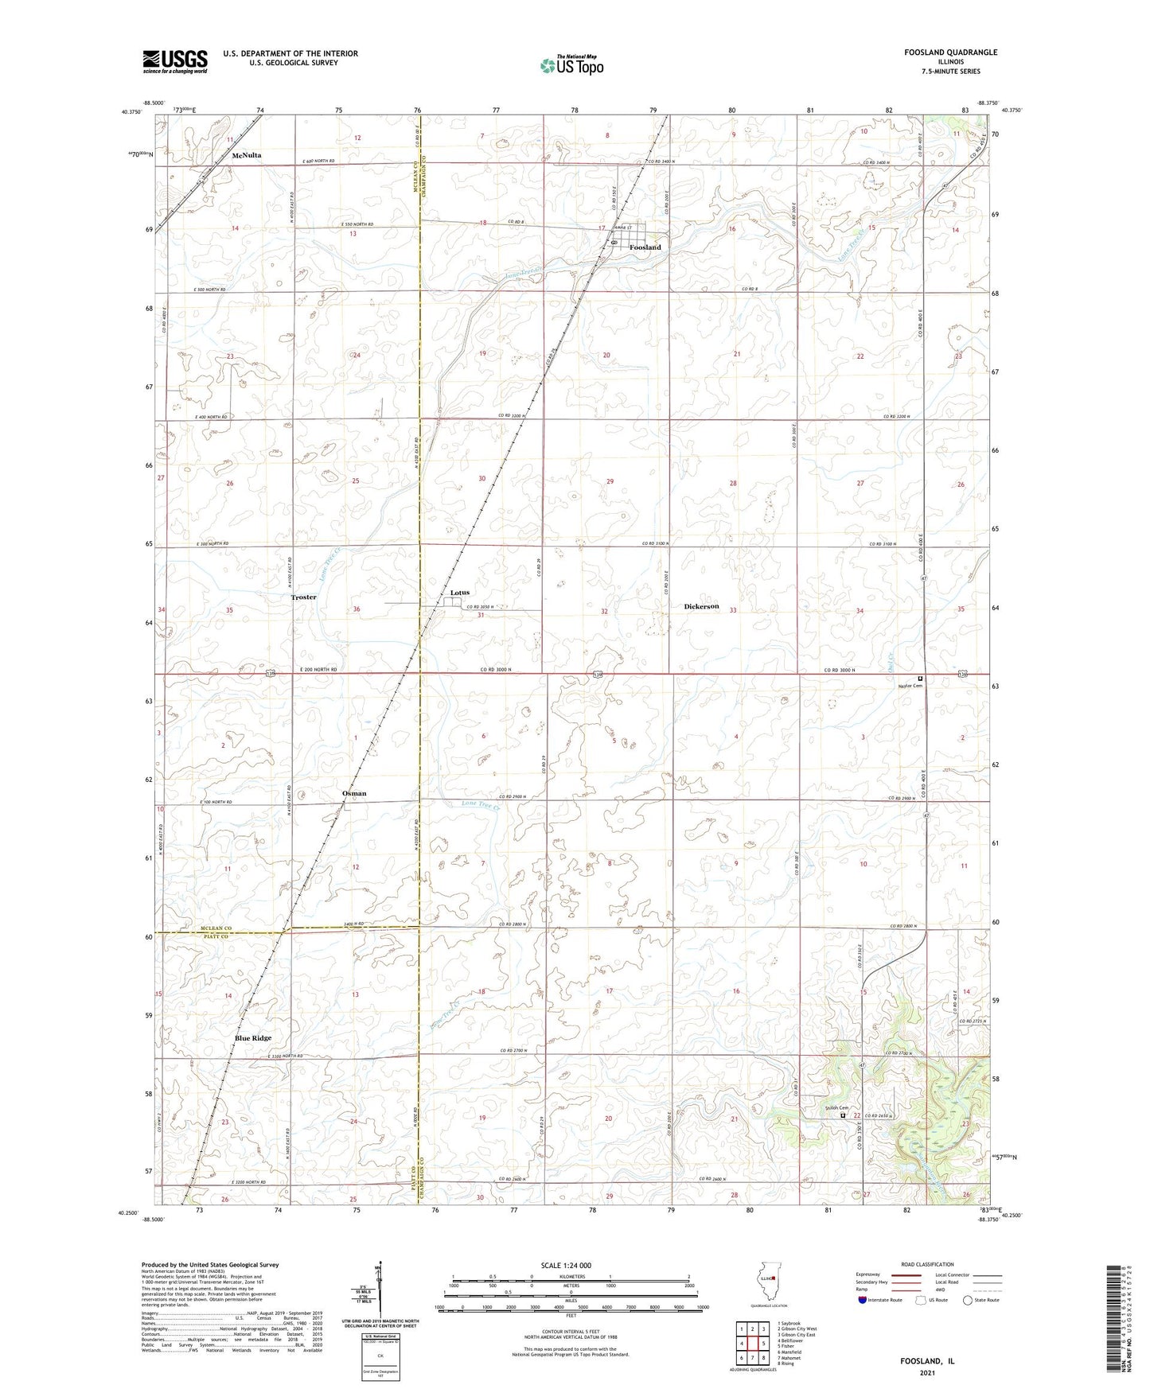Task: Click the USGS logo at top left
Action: click(x=175, y=61)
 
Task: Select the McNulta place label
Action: click(x=247, y=156)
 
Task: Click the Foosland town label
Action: click(x=645, y=247)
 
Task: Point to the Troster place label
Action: click(x=303, y=597)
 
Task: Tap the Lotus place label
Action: click(x=460, y=593)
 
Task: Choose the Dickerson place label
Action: click(x=701, y=606)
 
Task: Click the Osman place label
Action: click(x=354, y=793)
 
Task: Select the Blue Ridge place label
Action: click(x=253, y=1038)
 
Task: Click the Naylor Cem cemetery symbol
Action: click(x=920, y=679)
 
